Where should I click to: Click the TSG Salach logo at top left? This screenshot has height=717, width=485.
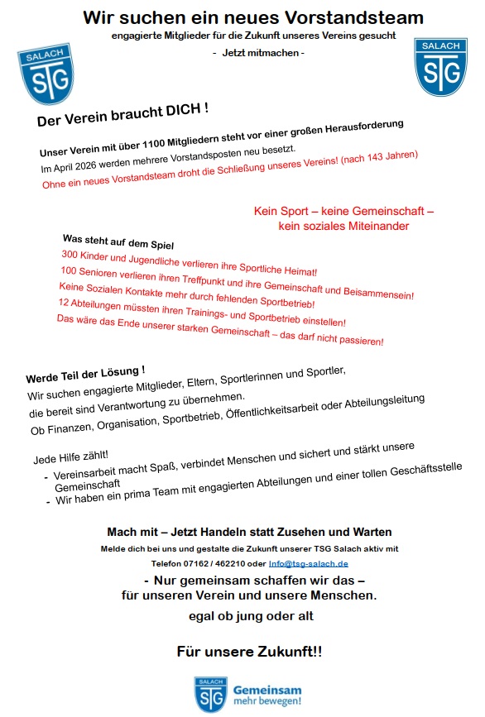point(46,74)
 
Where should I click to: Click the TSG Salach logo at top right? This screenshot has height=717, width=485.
point(441,65)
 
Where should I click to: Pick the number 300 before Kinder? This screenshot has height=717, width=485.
point(70,254)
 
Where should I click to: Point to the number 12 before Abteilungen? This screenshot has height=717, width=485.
point(65,303)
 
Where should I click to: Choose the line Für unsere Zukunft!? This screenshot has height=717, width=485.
point(249,652)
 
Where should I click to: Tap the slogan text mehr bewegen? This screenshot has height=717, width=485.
point(267,701)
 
